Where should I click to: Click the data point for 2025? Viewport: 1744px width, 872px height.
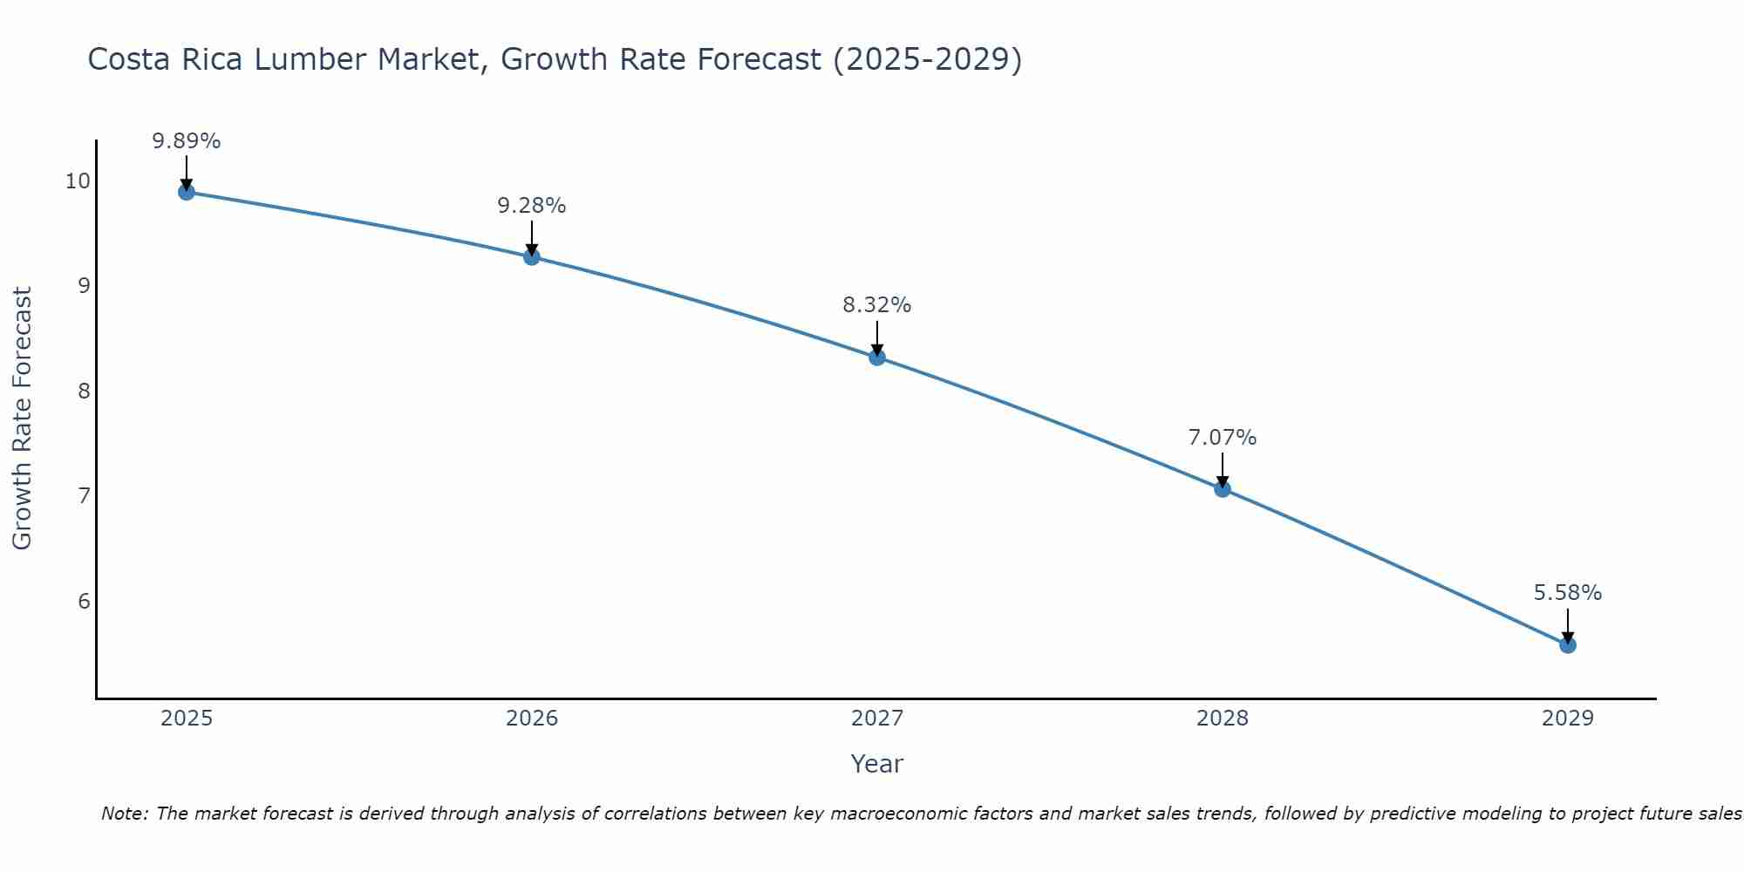pos(186,192)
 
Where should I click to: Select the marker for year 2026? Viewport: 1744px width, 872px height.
pos(531,256)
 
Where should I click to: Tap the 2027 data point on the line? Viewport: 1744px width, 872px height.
pos(877,357)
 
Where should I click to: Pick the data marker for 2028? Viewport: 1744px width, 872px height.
pos(1223,488)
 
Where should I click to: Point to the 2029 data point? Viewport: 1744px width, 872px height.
pos(1567,645)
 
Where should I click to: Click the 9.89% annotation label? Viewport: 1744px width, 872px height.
pos(186,141)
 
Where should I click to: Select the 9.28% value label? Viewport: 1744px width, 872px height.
pos(531,206)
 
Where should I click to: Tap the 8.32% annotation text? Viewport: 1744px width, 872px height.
pos(876,305)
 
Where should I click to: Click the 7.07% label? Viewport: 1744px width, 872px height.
pos(1223,438)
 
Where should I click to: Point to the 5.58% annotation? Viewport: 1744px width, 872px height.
pos(1567,593)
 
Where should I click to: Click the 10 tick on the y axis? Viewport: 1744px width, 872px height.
pos(77,181)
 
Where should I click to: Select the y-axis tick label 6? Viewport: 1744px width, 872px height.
pos(84,601)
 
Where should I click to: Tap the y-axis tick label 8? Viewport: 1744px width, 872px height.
pos(84,391)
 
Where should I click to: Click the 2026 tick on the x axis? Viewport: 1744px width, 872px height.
pos(532,719)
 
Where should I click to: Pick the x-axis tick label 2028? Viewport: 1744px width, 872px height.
pos(1223,719)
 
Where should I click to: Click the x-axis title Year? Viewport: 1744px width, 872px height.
pos(876,764)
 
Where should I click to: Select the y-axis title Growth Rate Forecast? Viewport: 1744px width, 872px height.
pos(22,419)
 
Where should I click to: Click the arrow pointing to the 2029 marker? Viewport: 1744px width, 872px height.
pos(1567,623)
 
